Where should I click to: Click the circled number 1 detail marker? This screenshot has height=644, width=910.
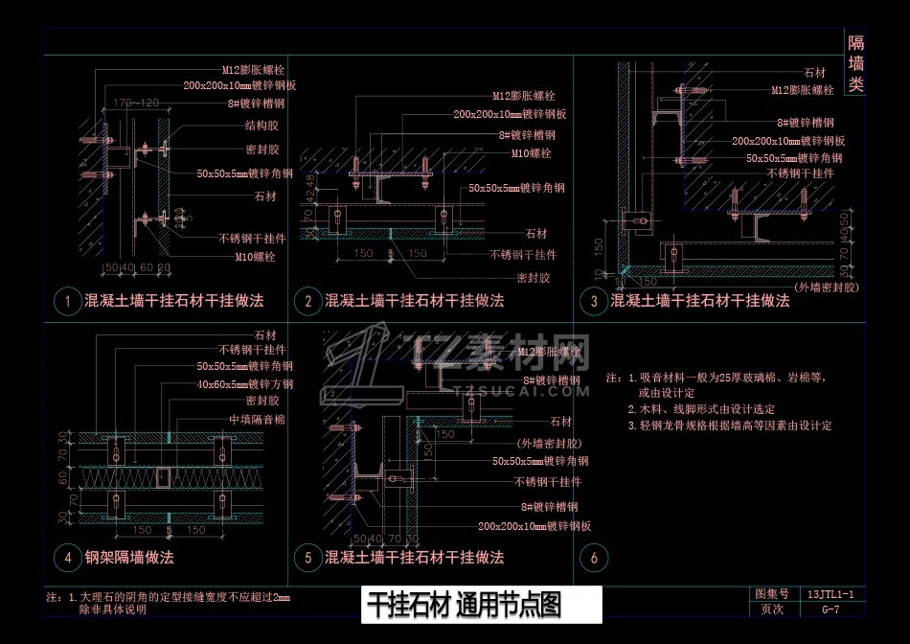pos(68,301)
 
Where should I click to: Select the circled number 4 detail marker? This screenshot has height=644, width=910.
pos(68,558)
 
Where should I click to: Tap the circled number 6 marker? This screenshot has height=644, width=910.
pos(594,558)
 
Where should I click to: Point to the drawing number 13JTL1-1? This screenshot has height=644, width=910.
pos(830,594)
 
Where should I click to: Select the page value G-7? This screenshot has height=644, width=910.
pos(830,609)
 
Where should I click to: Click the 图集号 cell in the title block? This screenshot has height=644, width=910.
pos(771,594)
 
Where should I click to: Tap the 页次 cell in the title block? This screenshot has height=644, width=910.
pos(771,609)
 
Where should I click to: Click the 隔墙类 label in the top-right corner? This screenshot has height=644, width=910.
pos(855,63)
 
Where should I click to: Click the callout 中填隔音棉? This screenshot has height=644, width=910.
pos(256,420)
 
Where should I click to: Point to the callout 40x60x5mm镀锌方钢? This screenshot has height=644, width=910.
pos(244,383)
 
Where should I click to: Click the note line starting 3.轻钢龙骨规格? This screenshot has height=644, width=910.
pos(729,425)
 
